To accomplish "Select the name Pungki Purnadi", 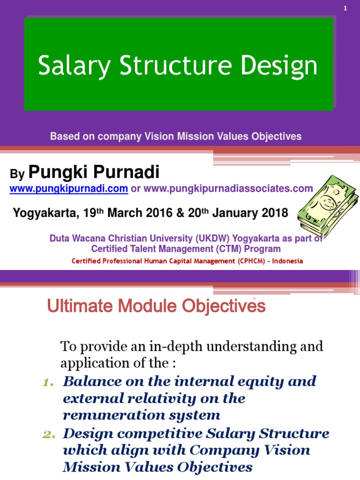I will pyautogui.click(x=94, y=172).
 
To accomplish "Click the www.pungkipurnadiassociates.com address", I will pyautogui.click(x=228, y=188).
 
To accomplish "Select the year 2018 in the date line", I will pyautogui.click(x=273, y=213).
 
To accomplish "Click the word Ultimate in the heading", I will pyautogui.click(x=75, y=307).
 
